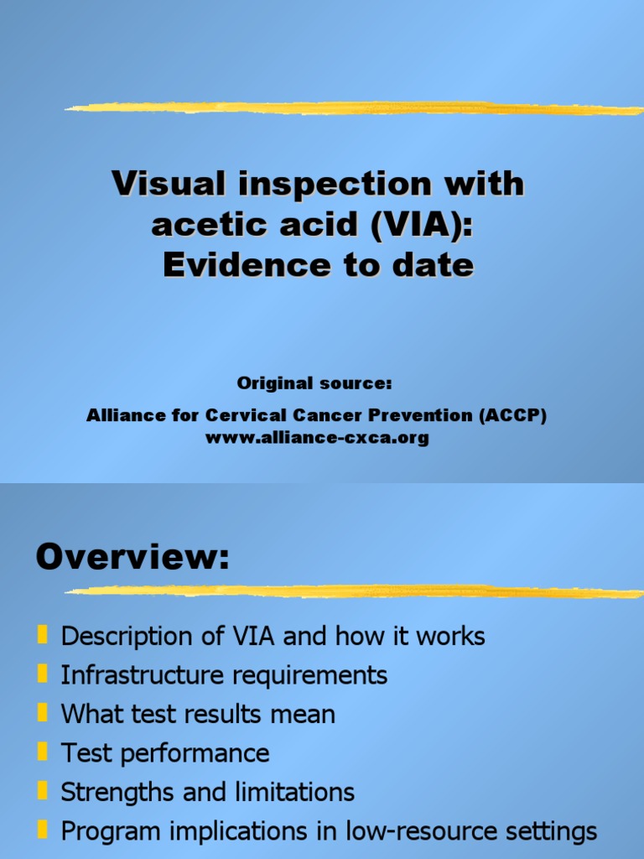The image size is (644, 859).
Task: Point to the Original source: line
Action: coord(314,383)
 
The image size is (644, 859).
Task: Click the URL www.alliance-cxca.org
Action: coord(317,437)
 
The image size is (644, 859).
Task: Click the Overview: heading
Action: coord(132,558)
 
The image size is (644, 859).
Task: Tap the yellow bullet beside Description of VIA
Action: coord(42,635)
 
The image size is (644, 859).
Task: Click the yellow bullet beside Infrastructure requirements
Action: coord(42,674)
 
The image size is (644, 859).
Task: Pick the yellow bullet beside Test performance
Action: coord(42,752)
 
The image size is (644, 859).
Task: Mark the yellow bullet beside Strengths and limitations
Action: coord(42,791)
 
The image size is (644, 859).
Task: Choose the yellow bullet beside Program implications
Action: coord(42,830)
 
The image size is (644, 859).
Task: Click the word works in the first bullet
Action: coord(451,636)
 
